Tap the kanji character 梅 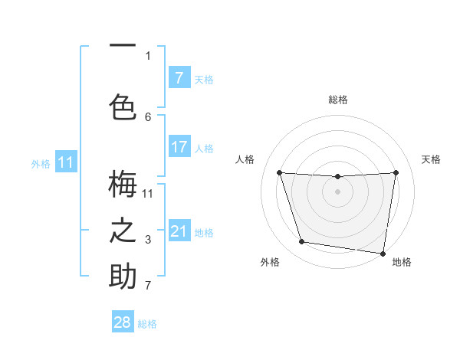tap(123, 184)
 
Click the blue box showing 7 tap(179, 78)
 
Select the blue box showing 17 tap(179, 147)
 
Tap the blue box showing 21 tap(179, 231)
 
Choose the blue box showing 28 tap(123, 322)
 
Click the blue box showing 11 tap(66, 162)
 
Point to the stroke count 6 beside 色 tap(148, 116)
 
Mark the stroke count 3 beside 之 tap(148, 241)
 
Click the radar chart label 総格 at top tap(338, 100)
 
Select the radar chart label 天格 tap(431, 159)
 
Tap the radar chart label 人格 tap(245, 159)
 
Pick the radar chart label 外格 tap(270, 262)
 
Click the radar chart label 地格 tap(402, 262)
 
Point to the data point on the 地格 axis tap(383, 253)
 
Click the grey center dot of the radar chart tap(337, 191)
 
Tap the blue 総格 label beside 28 tap(147, 324)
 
